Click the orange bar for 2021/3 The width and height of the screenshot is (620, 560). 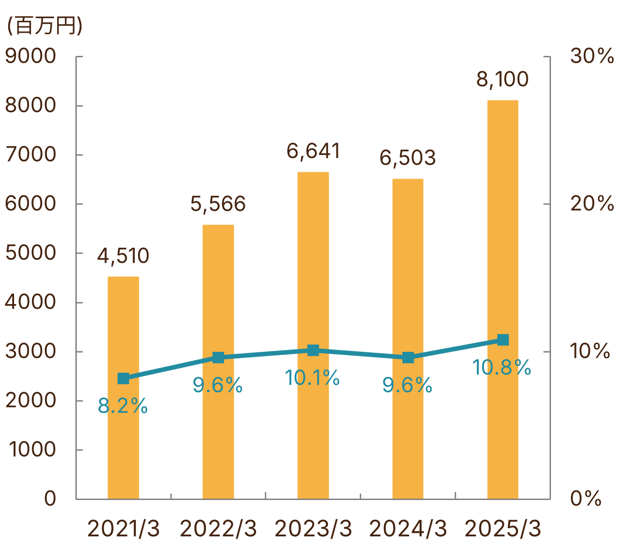123,436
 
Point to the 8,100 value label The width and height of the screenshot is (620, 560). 502,79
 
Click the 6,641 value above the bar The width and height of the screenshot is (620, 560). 313,151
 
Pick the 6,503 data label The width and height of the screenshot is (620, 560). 407,158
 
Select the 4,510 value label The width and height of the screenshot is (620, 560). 123,256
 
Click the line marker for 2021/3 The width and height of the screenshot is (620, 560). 123,378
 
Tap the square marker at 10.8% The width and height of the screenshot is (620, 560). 503,340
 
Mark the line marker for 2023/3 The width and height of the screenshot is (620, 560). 313,350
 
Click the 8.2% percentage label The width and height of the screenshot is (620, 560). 123,406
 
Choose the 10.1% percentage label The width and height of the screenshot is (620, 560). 312,378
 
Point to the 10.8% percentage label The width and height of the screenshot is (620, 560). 501,367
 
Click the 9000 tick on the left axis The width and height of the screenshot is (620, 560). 30,56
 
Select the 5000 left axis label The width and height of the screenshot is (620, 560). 30,253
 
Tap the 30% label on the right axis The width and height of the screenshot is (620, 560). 592,56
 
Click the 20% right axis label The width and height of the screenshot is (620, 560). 592,204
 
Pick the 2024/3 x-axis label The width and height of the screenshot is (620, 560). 408,529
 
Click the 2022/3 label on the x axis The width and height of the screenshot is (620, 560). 218,529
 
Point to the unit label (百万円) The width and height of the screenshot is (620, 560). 44,25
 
